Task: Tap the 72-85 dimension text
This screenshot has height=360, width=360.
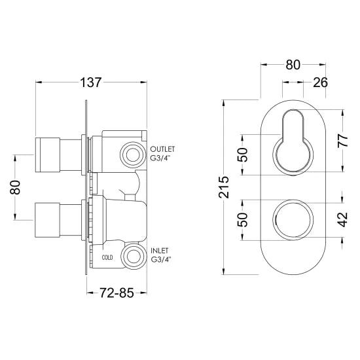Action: (117, 293)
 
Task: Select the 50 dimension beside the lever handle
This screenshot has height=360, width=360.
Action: (243, 154)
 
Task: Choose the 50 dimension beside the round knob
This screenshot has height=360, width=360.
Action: (243, 220)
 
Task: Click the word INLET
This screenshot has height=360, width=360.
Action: (160, 250)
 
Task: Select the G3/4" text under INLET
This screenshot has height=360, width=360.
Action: (162, 261)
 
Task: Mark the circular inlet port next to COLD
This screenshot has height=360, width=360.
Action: (133, 256)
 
